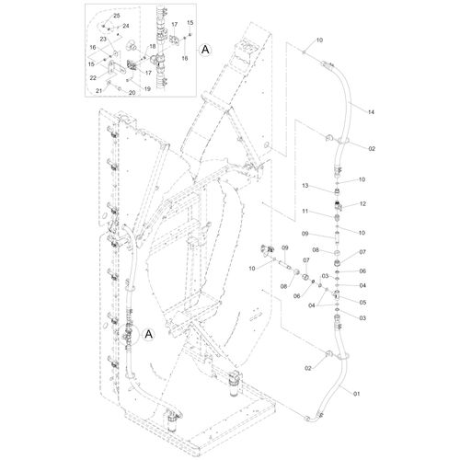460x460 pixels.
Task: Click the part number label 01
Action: pos(356,394)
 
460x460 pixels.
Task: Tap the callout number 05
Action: pos(362,303)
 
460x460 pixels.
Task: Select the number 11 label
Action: pos(305,212)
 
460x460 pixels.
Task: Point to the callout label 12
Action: pos(362,203)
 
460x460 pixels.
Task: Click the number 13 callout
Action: pos(305,186)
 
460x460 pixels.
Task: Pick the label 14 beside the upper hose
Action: pos(371,112)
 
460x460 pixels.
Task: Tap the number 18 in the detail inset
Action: pos(153,46)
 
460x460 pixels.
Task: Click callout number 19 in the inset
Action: pos(147,89)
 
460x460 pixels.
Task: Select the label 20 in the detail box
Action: pos(132,93)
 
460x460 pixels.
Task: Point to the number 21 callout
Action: pos(98,91)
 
